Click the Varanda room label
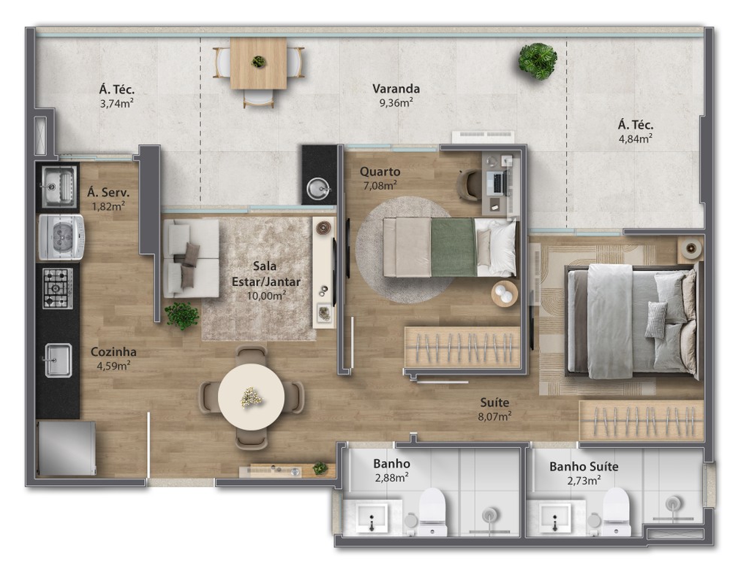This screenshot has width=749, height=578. tap(396, 89)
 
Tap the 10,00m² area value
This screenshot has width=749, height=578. tap(266, 296)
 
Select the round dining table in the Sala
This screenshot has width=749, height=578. tap(252, 397)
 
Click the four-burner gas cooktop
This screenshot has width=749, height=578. tap(58, 288)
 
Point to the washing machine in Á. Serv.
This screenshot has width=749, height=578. tap(61, 237)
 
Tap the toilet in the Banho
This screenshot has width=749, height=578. tap(432, 511)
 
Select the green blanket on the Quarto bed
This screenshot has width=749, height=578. tap(453, 247)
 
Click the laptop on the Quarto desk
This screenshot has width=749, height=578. tap(497, 183)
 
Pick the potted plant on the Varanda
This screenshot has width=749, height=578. tap(538, 61)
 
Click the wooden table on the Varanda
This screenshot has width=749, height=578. tap(258, 64)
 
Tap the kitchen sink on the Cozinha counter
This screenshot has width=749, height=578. tap(59, 360)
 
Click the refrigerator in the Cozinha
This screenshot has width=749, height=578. tap(67, 448)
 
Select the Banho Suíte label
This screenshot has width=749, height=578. tap(584, 466)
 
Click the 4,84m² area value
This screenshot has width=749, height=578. tap(636, 138)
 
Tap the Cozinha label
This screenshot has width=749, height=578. tap(113, 352)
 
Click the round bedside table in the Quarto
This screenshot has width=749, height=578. tap(505, 293)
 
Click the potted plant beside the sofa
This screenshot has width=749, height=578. tap(181, 316)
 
